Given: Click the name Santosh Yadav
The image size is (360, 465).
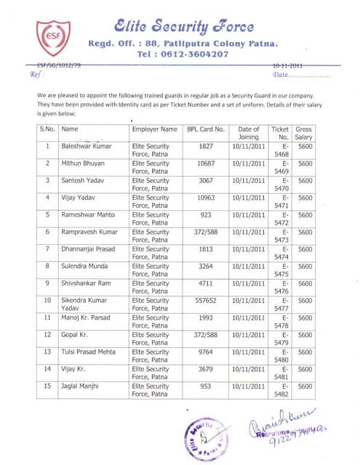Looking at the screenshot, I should point(82,180).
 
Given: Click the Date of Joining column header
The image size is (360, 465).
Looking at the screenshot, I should point(248,133).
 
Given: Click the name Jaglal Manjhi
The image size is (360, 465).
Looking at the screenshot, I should point(81,386).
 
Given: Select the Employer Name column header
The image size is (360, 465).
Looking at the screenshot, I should point(154,129).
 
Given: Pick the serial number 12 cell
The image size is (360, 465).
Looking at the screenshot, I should point(48,335).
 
